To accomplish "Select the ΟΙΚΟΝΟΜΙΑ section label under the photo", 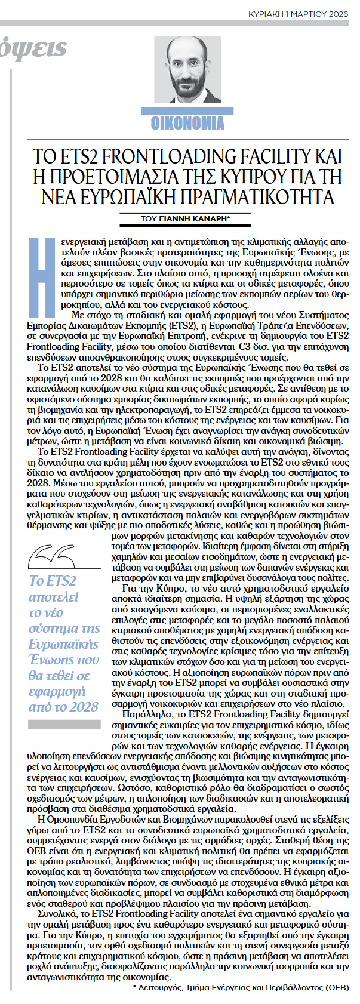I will (x=187, y=123).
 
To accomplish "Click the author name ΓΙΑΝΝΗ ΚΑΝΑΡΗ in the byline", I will (x=192, y=219).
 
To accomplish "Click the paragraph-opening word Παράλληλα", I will (x=141, y=713).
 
